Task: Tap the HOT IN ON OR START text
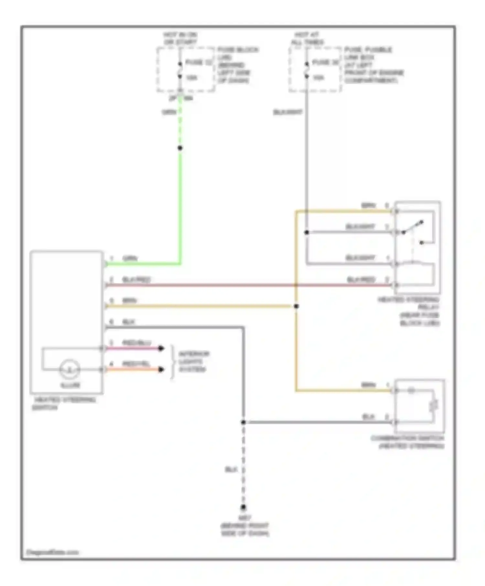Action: pos(180,38)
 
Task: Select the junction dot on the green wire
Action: pos(180,148)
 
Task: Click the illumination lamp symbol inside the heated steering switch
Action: pos(70,369)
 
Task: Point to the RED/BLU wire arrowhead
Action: pos(161,348)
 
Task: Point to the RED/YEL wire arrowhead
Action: pos(161,369)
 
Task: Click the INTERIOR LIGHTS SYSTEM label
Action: pos(193,361)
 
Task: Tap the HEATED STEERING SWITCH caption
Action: pos(64,403)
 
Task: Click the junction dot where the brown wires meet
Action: pos(296,306)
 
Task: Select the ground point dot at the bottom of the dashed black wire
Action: pos(243,508)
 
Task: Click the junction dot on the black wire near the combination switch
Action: pos(243,422)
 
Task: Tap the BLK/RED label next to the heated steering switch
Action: pos(136,280)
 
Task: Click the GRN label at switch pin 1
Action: pos(130,258)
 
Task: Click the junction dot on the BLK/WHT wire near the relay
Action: pos(307,232)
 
